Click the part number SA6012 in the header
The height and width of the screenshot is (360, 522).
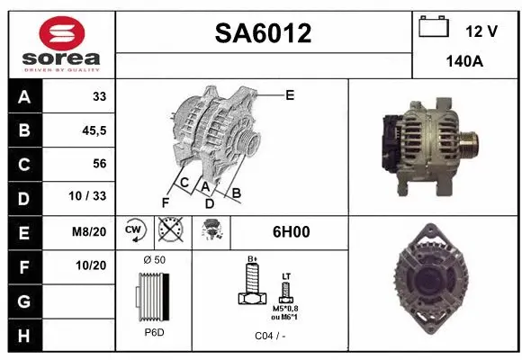point(264,34)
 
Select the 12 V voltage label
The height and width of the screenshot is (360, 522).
point(481,31)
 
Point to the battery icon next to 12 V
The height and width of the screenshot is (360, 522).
point(434,27)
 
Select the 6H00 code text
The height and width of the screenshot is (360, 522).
point(290,232)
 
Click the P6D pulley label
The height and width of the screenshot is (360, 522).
point(153,333)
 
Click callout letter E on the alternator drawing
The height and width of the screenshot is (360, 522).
point(290,94)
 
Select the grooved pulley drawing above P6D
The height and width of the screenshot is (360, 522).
point(153,297)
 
